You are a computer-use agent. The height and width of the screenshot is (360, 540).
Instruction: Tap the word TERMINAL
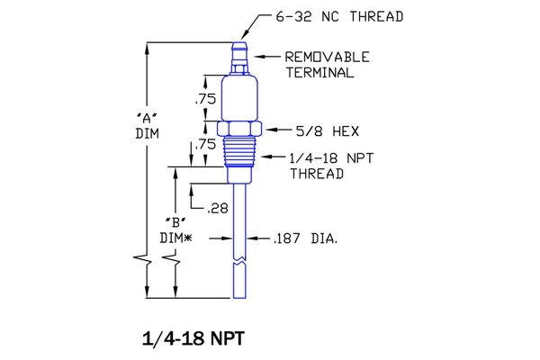click(x=319, y=73)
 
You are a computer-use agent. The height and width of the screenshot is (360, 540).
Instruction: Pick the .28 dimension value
click(x=217, y=208)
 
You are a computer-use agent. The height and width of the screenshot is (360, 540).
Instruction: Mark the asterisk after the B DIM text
click(x=190, y=238)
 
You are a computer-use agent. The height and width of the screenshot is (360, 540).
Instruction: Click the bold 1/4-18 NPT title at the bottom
click(x=193, y=339)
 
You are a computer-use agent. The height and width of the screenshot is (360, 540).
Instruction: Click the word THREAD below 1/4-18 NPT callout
click(x=317, y=174)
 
